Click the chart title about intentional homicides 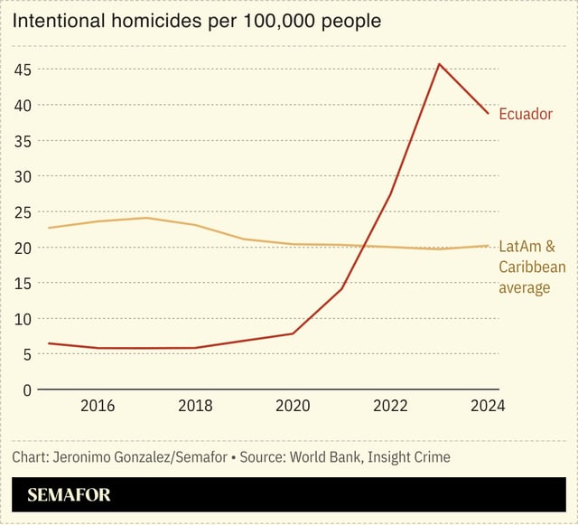[196, 20]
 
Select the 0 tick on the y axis [27, 389]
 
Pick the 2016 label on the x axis [98, 406]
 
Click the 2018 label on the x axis [196, 406]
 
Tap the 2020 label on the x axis [294, 406]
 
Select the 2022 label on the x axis [390, 406]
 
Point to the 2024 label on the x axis [488, 406]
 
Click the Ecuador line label [526, 114]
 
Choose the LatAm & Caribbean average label [532, 267]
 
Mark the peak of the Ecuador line [439, 64]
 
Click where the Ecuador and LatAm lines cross [362, 245]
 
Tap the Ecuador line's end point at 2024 [489, 114]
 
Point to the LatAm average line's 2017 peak [146, 218]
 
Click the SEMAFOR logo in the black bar [69, 495]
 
